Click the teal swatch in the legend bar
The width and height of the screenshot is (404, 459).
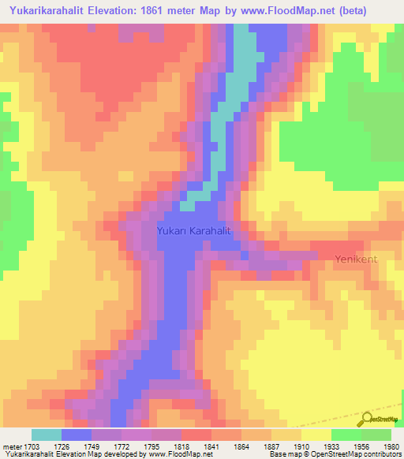[47, 435]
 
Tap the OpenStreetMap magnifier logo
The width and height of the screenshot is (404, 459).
[368, 420]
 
